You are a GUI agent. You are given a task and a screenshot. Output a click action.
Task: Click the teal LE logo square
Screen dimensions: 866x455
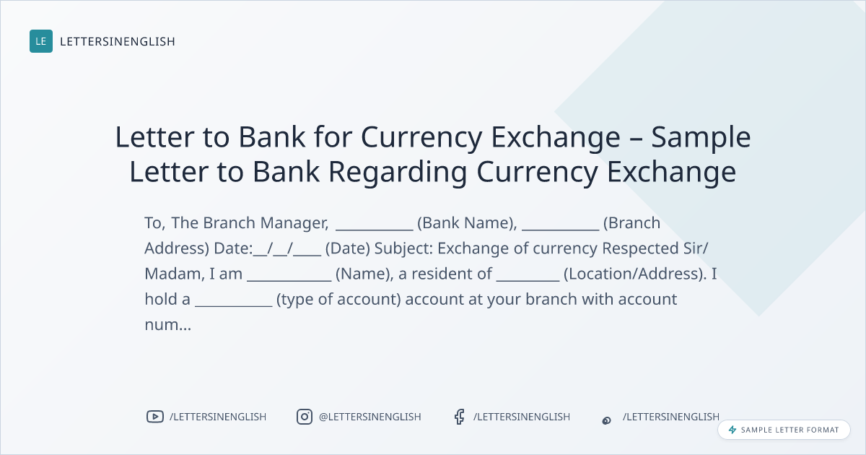tap(41, 41)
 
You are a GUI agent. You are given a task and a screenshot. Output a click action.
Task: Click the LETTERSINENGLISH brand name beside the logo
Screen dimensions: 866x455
tap(118, 41)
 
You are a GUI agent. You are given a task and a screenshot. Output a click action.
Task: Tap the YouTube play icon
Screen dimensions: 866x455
tap(155, 417)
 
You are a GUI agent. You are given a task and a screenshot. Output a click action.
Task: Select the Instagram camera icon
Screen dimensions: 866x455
tap(305, 417)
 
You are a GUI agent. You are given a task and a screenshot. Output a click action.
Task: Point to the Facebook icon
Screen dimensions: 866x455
tap(459, 417)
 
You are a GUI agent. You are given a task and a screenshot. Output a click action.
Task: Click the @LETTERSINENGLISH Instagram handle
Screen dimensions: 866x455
tap(370, 417)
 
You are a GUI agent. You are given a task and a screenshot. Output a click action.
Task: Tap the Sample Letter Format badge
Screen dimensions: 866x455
tap(784, 430)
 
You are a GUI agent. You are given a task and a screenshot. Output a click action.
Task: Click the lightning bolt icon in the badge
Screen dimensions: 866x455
tap(732, 430)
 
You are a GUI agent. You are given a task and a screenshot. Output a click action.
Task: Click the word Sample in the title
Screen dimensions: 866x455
tap(701, 138)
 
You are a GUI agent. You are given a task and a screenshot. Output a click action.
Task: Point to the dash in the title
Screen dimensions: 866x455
tap(636, 139)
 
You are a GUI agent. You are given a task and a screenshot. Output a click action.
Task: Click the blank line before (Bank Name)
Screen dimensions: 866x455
tap(375, 230)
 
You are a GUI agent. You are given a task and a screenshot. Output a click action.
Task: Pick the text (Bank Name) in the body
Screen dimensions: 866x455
tap(467, 223)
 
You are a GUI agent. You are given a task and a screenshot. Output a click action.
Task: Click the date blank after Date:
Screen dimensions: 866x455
tap(287, 248)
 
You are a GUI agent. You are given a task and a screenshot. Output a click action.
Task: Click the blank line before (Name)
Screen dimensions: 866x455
tap(289, 280)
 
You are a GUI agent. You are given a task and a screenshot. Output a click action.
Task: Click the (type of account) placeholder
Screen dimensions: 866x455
tap(338, 300)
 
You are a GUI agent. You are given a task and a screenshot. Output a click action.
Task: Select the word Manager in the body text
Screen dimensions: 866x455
tap(294, 223)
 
